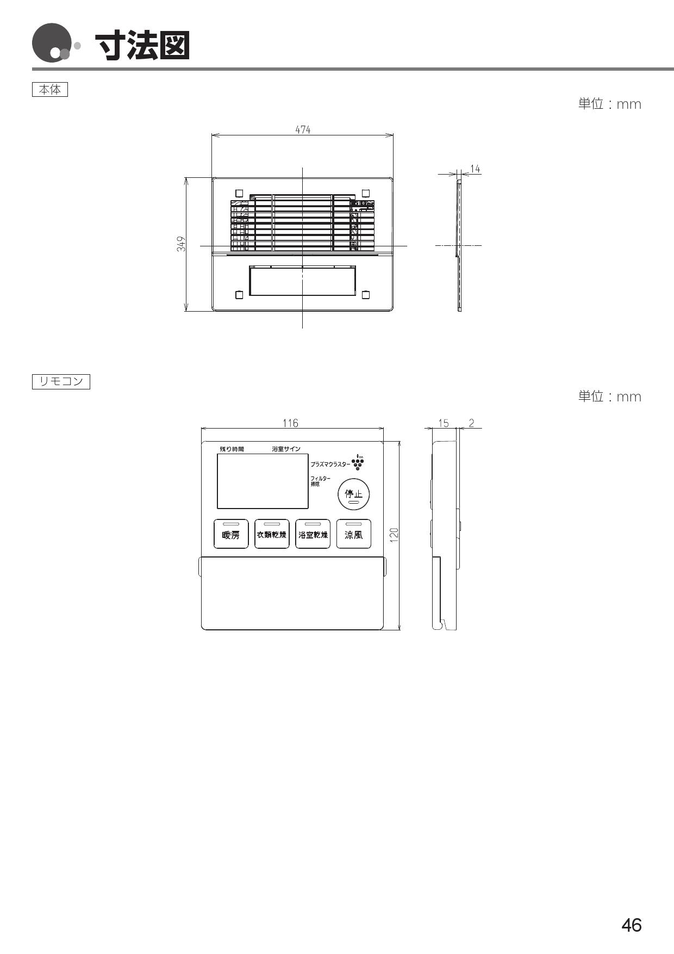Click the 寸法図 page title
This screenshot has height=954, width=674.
point(142,46)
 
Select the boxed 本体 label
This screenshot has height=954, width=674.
point(50,90)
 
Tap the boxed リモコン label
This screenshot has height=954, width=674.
point(61,381)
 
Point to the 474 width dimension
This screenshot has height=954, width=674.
point(303,129)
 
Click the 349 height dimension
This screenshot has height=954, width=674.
point(182,244)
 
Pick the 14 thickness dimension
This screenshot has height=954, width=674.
point(475,169)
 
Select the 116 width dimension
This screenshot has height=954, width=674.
point(290,423)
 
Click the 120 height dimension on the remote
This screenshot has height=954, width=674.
point(395,535)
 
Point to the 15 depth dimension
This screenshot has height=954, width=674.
point(444,423)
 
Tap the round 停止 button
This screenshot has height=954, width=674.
point(354,494)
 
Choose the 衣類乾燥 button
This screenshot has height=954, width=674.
point(272,534)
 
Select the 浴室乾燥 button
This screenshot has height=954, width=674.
point(313,534)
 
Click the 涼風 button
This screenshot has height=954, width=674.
point(354,534)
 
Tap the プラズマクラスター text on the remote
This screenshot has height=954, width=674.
point(330,464)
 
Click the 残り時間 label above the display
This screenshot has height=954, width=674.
point(232,449)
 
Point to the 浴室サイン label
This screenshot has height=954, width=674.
point(286,449)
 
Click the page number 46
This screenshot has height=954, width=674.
point(631,925)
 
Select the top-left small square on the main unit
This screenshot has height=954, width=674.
point(239,193)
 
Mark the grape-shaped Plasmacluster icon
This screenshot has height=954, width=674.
point(358,462)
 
